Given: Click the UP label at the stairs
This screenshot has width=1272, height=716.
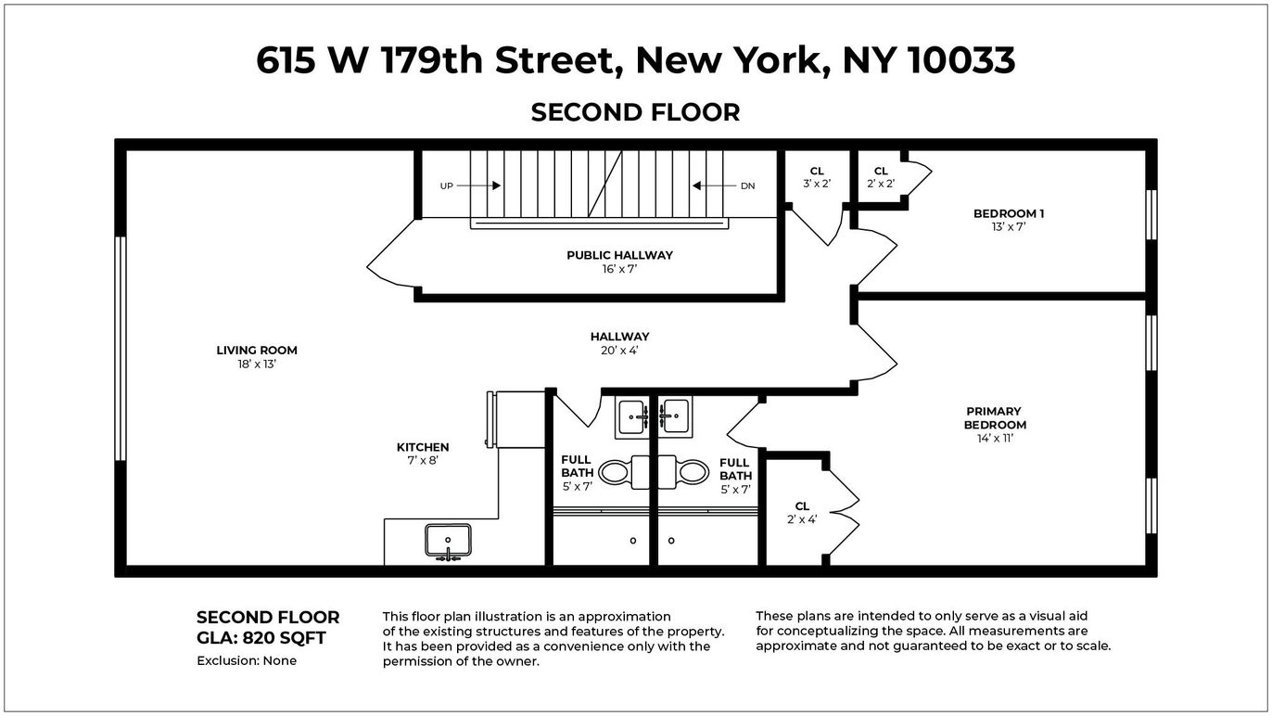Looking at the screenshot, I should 447,185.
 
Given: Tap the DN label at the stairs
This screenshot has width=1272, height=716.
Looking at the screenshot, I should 747,185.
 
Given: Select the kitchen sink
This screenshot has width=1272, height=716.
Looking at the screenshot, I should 448,541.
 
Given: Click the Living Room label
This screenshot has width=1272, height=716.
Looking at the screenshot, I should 257,351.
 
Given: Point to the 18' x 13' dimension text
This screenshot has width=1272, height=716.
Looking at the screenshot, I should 257,364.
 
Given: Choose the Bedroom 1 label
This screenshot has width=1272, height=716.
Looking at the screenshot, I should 1009,213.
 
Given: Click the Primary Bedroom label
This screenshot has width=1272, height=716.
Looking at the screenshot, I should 994,418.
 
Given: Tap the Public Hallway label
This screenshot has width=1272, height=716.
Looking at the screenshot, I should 619,255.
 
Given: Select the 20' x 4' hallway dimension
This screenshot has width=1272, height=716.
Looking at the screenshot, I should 619,351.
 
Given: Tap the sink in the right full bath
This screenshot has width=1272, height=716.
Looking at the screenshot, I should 674,416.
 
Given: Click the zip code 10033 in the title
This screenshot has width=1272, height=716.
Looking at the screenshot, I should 961,60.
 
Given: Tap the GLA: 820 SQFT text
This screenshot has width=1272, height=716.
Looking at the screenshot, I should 261,638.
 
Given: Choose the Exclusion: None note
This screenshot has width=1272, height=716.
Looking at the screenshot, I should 247,661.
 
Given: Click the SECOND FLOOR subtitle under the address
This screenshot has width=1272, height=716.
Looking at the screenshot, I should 635,112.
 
